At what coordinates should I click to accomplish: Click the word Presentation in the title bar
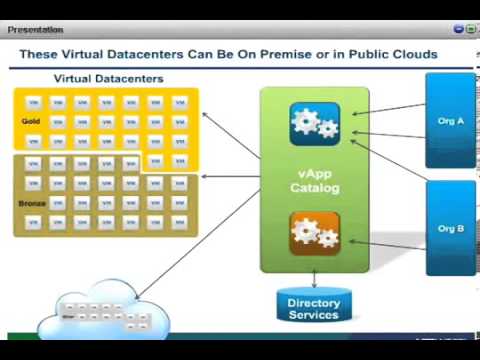[x=35, y=29]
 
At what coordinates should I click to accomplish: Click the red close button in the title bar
[x=470, y=29]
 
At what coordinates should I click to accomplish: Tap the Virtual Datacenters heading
[x=108, y=78]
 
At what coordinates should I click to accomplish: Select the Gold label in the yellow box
[x=31, y=121]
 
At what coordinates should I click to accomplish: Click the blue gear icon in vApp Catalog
[x=315, y=125]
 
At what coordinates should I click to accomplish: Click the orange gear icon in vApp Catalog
[x=315, y=233]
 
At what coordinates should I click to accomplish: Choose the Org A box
[x=451, y=120]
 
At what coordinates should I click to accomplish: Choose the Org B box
[x=451, y=228]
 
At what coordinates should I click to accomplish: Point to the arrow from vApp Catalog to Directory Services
[x=314, y=280]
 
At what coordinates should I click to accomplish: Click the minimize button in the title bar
[x=457, y=29]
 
